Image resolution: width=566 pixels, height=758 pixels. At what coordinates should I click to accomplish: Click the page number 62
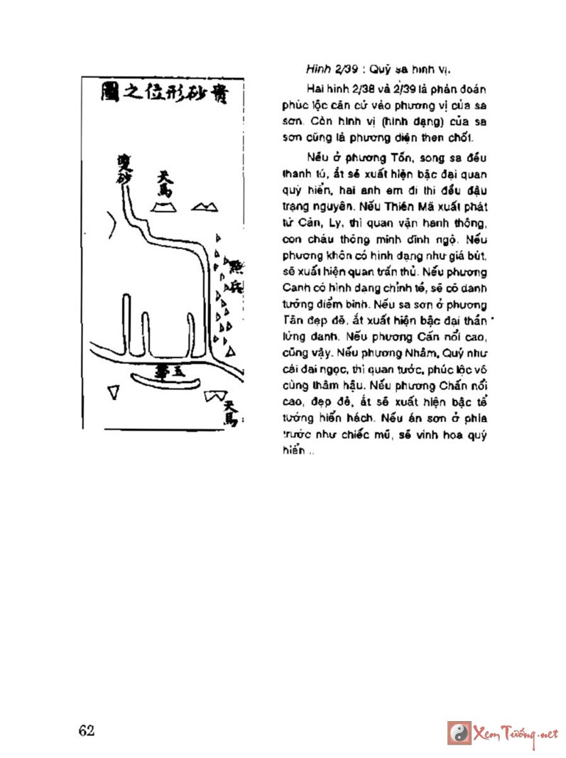click(x=87, y=731)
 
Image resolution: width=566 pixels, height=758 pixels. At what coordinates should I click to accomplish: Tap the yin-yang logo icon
click(x=459, y=732)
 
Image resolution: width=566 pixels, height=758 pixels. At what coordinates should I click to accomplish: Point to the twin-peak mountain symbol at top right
click(x=207, y=206)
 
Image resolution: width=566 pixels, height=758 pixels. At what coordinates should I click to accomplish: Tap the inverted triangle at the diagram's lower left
click(x=113, y=392)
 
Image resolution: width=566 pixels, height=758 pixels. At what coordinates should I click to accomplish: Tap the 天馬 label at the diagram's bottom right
click(x=229, y=412)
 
